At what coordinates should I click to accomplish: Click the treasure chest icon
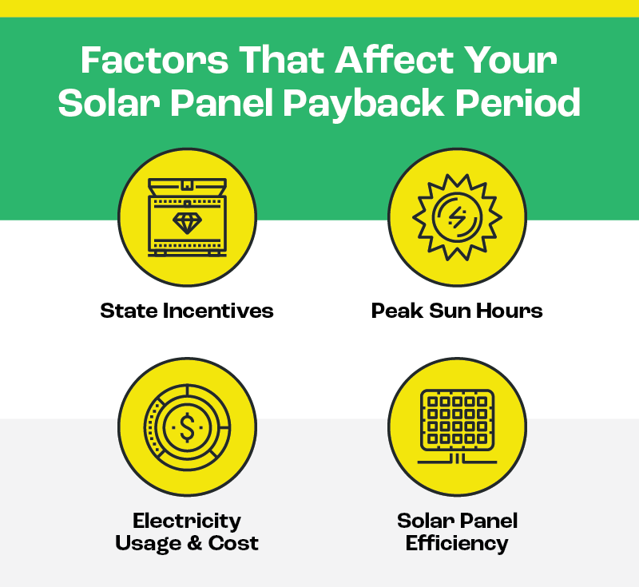point(187,216)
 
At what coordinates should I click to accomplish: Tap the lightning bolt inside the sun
point(456,216)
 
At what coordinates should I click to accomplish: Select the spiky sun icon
point(456,216)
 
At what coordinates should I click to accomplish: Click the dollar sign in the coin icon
point(187,428)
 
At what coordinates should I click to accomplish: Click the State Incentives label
point(187,311)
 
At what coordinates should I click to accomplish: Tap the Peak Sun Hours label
point(456,311)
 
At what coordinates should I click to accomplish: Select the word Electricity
point(187,522)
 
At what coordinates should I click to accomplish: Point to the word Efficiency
point(456,544)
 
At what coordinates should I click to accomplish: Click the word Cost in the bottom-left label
point(233,544)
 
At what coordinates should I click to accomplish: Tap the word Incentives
point(216,311)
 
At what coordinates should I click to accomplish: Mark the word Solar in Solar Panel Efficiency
point(425,522)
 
